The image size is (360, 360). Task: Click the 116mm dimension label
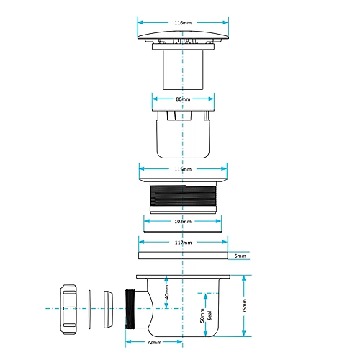[x=183, y=23]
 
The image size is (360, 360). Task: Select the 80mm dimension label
[x=183, y=99]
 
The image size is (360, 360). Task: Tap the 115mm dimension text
[x=183, y=169]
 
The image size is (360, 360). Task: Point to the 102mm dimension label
[x=183, y=221]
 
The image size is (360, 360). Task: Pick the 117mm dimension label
[x=183, y=243]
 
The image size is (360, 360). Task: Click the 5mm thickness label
[x=240, y=256]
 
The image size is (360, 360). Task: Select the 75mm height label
[x=244, y=306]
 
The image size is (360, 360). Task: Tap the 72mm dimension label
[x=154, y=342]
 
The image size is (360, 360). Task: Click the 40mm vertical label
[x=167, y=292]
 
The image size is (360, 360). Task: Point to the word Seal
[x=210, y=315]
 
